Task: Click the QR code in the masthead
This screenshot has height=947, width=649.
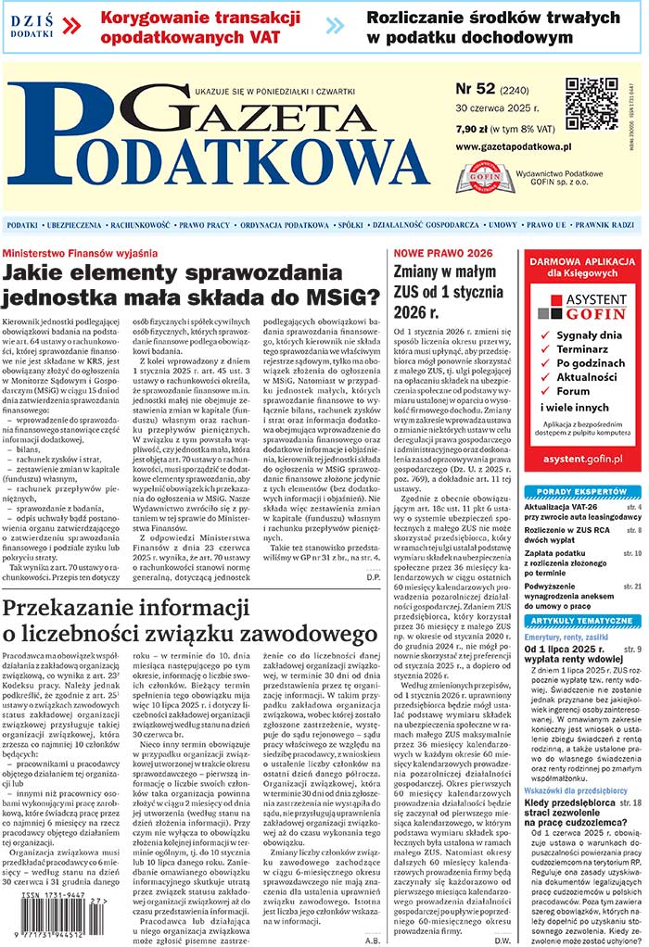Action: pos(592,104)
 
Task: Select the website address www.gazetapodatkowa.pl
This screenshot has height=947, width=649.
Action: pos(513,146)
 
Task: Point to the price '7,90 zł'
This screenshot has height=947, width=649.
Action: pos(474,129)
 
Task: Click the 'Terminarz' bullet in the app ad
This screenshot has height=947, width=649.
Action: pos(584,349)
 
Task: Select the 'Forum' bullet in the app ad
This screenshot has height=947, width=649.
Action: pos(573,391)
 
